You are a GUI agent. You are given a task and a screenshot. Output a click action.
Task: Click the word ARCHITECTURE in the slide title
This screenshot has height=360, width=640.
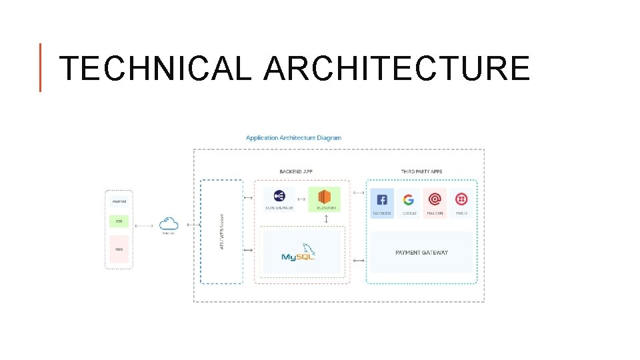coord(397,68)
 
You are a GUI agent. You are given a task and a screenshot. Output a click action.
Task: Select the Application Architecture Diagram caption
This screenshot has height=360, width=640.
coord(293,138)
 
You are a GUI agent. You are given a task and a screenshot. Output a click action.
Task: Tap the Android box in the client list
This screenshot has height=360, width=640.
coord(119,201)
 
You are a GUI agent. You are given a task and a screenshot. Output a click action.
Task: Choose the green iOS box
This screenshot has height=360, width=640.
coord(119,221)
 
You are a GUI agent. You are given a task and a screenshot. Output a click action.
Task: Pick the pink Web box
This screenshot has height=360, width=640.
coord(119,249)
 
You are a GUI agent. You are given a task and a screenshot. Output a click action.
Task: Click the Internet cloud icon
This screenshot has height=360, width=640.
coord(169,224)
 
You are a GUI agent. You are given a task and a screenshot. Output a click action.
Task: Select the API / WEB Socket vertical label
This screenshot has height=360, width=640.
coord(222,232)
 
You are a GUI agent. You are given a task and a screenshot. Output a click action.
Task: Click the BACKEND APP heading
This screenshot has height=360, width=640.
coord(296,171)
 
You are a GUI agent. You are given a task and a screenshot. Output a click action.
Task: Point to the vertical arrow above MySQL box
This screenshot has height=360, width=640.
coord(326,219)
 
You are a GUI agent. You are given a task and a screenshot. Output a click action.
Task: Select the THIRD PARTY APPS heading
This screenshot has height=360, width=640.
coord(421,171)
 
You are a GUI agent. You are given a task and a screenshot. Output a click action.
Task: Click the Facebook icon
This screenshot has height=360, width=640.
coord(382,199)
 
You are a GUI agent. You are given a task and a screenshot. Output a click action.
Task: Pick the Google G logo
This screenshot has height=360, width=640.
coord(408,199)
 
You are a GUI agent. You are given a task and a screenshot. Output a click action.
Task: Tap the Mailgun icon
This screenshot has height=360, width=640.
coord(435,199)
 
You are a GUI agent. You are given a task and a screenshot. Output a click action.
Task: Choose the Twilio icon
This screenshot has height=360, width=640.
coord(461,199)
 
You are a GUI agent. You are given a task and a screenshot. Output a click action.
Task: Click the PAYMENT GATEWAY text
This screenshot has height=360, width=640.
coord(421,253)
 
